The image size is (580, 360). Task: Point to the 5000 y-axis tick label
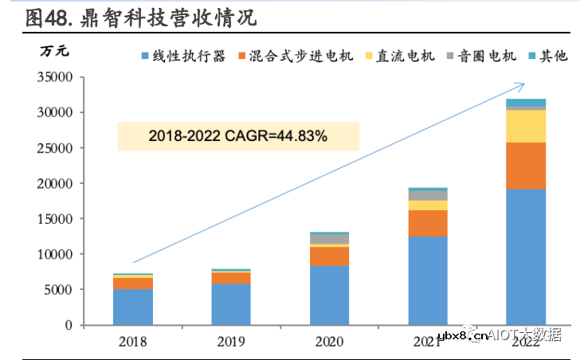click(x=58, y=290)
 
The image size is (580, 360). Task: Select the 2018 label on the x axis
click(x=133, y=341)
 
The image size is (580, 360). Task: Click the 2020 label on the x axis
click(x=329, y=341)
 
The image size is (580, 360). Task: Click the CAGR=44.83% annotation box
click(x=237, y=136)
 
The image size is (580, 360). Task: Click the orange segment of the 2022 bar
click(x=526, y=166)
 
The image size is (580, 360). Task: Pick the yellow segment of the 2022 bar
click(x=526, y=126)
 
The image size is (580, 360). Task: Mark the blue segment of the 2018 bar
click(x=133, y=307)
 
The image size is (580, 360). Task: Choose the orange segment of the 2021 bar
click(x=428, y=223)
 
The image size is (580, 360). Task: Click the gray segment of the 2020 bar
click(x=329, y=239)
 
